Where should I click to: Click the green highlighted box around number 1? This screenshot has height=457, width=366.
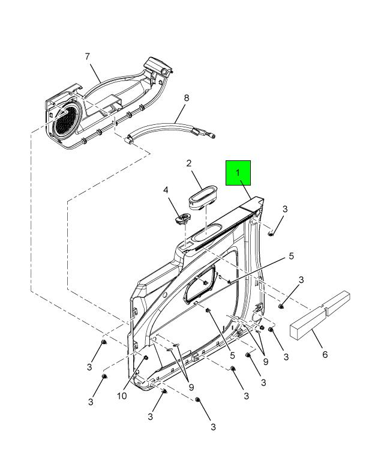(x=238, y=173)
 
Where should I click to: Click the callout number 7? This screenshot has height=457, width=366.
(x=88, y=56)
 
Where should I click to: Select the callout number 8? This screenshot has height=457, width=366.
(x=187, y=98)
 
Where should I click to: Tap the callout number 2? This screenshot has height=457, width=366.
(x=189, y=163)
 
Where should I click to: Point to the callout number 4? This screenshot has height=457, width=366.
(x=166, y=190)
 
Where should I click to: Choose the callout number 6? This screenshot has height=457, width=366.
(x=325, y=354)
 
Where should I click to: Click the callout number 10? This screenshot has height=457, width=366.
(x=122, y=396)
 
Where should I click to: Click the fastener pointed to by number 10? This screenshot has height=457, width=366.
(x=146, y=358)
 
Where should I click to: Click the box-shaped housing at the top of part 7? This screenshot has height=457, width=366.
(x=157, y=65)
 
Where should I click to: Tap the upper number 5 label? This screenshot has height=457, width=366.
(x=291, y=256)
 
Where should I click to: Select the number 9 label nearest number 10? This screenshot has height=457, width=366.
(x=191, y=387)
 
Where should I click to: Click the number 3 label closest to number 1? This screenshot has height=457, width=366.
(x=285, y=209)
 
